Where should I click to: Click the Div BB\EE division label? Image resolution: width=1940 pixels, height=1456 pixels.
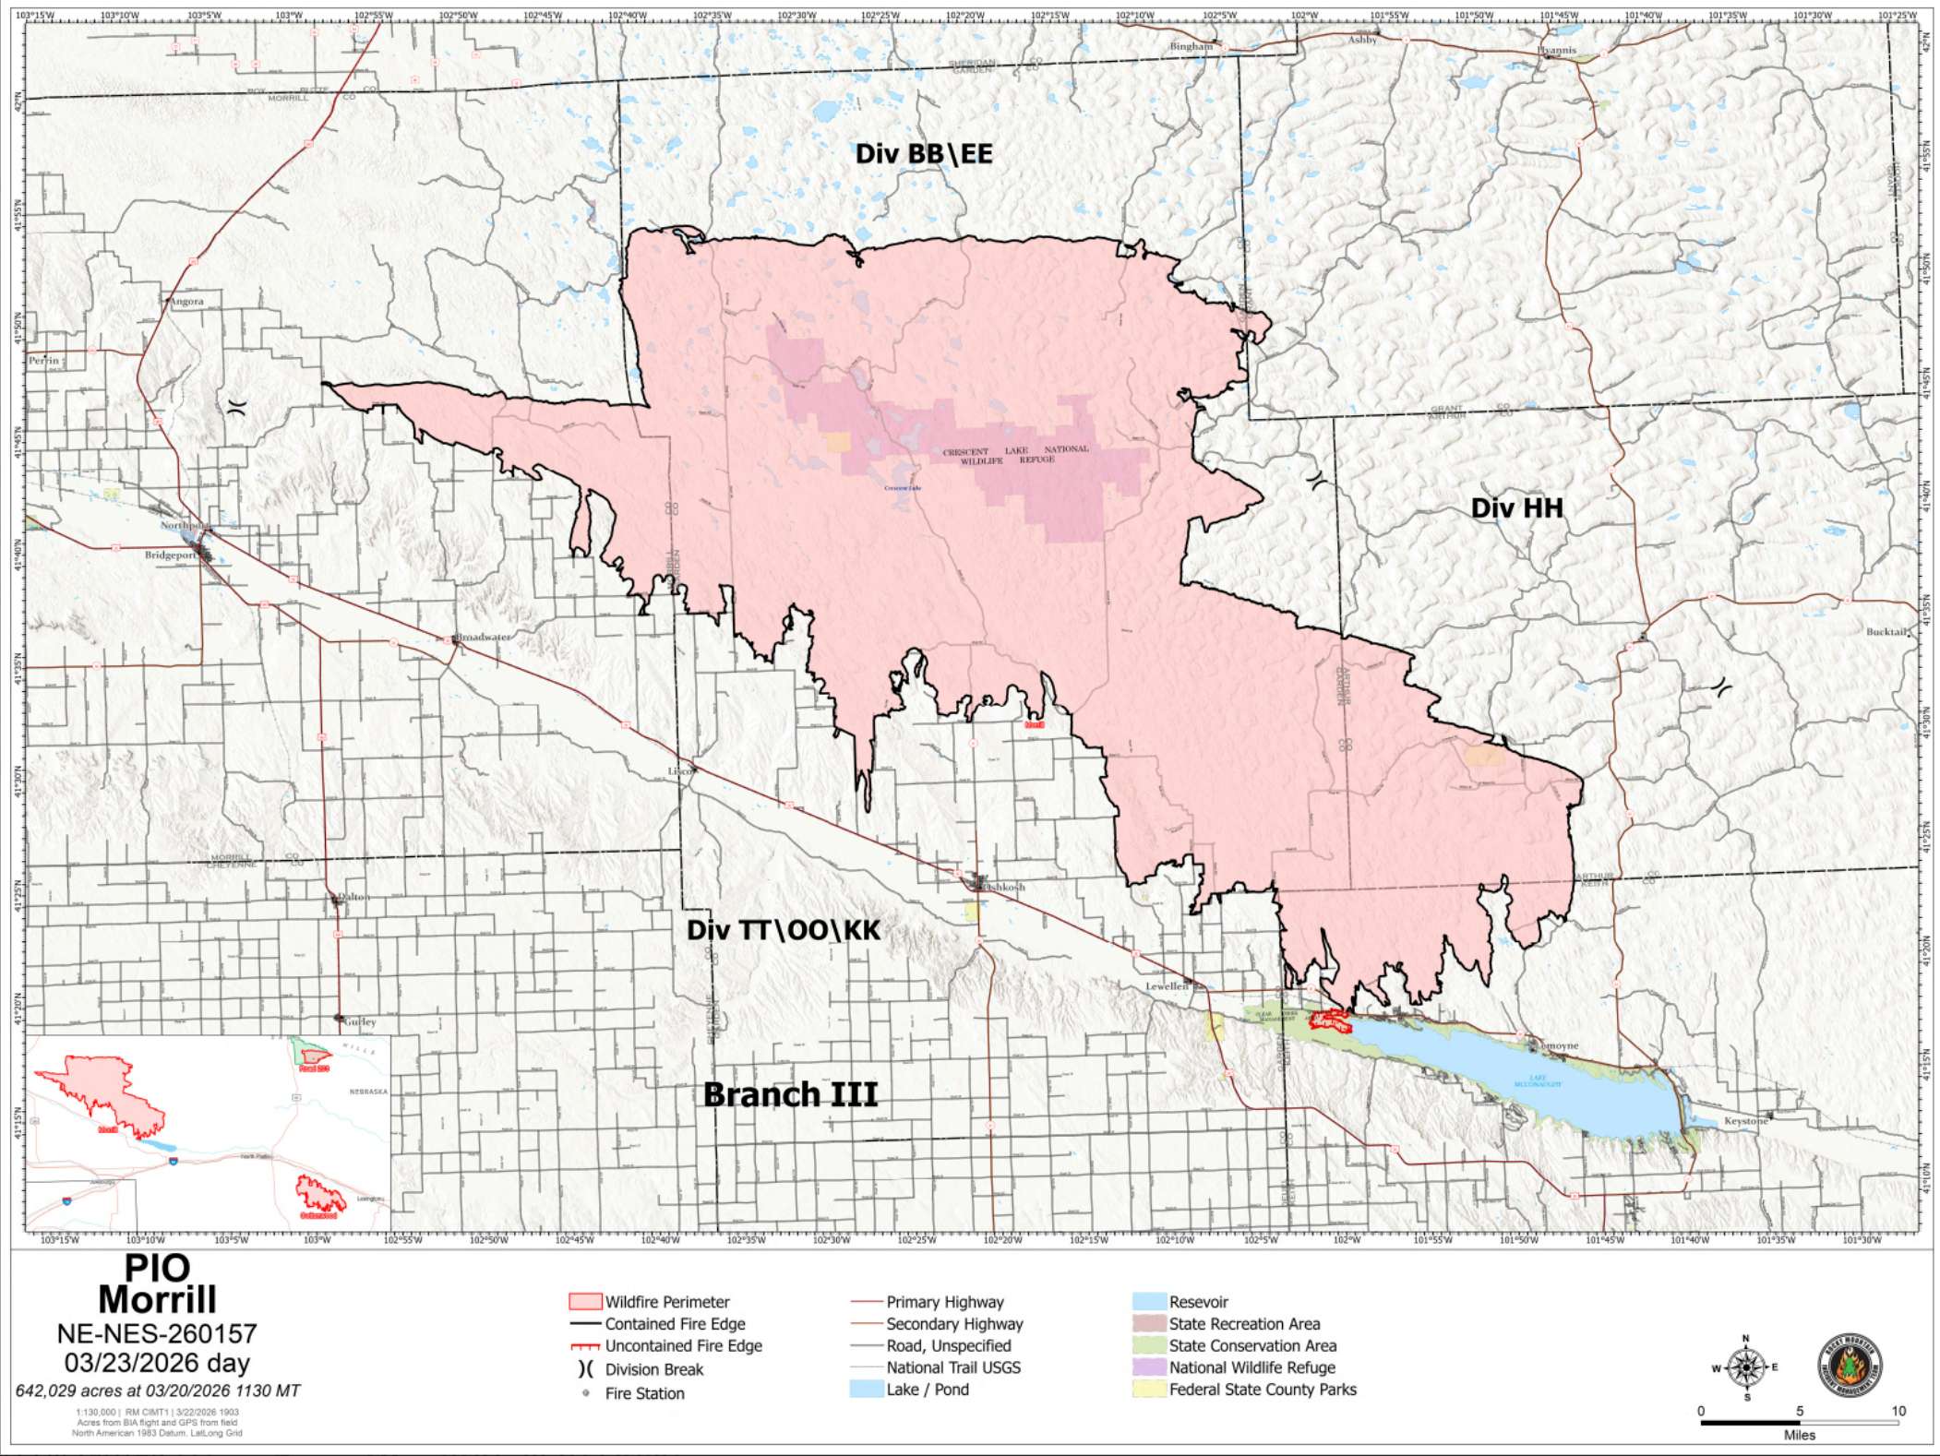[924, 153]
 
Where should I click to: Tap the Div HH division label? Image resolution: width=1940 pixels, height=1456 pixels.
[1516, 507]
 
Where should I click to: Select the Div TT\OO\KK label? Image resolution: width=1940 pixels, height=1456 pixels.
[783, 930]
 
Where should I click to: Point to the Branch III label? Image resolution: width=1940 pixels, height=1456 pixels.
[790, 1094]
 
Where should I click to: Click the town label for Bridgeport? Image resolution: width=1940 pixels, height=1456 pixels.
[170, 555]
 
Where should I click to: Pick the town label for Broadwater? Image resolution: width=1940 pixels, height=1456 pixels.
[483, 638]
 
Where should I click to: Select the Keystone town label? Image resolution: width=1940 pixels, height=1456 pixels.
[1746, 1120]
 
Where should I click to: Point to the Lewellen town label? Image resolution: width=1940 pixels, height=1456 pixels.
[1167, 986]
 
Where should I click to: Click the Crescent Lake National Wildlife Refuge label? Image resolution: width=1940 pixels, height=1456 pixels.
[1015, 454]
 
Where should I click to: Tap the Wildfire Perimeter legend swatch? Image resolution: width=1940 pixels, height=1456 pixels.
[585, 1302]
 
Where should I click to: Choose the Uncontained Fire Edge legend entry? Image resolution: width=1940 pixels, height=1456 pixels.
[683, 1346]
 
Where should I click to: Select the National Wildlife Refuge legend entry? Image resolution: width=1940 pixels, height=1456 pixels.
[1251, 1367]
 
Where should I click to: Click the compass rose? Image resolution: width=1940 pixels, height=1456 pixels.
[1745, 1367]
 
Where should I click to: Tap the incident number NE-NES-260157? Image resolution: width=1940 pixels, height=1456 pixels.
[157, 1334]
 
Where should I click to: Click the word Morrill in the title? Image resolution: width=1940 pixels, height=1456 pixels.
[157, 1300]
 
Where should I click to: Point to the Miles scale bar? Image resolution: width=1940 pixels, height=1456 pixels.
[1799, 1423]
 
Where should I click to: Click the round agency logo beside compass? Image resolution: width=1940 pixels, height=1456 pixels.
[1850, 1366]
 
